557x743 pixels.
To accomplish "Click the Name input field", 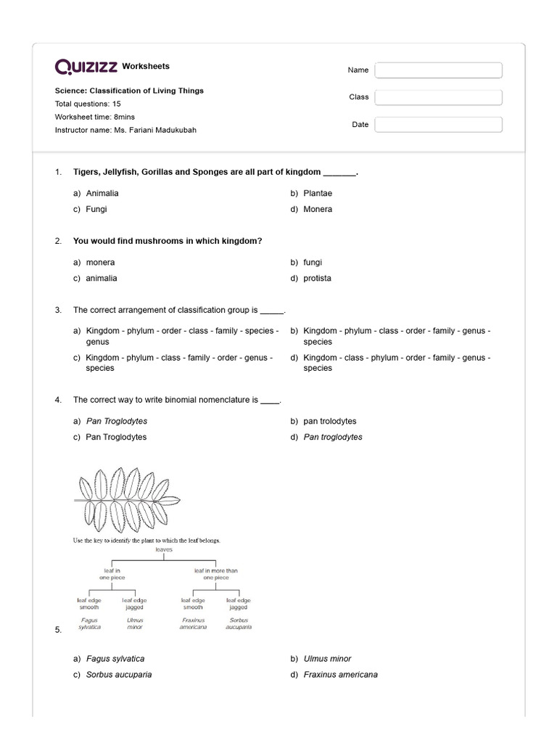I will tap(438, 70).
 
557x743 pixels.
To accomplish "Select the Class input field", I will tap(438, 97).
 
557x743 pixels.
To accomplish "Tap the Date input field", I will tap(438, 125).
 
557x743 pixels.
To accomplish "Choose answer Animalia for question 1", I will tap(102, 194).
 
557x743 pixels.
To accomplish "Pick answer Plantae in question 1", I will tap(318, 194).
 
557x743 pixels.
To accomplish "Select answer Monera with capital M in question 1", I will tap(318, 210).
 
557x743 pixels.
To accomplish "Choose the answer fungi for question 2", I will tap(313, 263).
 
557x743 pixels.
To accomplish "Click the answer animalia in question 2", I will tap(102, 279).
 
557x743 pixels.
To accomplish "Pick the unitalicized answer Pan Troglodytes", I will tap(116, 438).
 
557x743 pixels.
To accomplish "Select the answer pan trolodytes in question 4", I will tap(330, 422).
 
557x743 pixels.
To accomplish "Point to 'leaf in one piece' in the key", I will tap(112, 574).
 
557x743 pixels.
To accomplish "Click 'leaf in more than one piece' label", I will tap(215, 574).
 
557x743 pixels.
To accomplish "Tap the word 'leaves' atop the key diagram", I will tap(163, 550).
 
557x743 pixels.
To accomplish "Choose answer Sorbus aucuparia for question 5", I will tap(119, 675).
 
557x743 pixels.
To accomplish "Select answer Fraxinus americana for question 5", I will tap(340, 675).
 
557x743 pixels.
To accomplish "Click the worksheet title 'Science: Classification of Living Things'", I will tap(129, 91).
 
